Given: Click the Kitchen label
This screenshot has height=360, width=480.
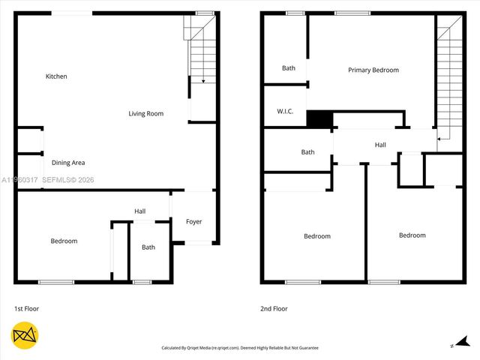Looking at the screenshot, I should pos(56,76).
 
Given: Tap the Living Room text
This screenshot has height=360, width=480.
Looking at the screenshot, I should pos(145,114).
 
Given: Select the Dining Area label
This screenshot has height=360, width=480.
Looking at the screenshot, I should pos(68,163).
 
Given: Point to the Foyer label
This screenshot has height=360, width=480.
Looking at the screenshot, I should pos(193,222).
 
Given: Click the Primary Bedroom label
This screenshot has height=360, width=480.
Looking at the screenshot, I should pos(373,70).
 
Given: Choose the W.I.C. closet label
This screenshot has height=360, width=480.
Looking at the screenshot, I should pos(285,112).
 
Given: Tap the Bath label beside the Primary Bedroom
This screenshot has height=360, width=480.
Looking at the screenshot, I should pos(289,68).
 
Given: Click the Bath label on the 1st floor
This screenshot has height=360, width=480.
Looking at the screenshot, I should pos(148,247).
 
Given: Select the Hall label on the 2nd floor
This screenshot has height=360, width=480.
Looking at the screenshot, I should pos(380,145).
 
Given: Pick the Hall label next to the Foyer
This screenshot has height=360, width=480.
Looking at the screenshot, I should pos(140,211).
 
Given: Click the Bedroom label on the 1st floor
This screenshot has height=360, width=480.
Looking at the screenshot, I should pos(64,241).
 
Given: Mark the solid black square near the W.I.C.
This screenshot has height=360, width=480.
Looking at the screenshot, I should pos(319,119).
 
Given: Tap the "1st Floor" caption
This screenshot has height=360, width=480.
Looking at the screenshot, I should pos(26,309).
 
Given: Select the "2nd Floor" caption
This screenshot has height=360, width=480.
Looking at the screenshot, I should pos(274,309).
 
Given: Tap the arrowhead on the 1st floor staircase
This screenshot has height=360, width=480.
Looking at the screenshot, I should pos(202,80).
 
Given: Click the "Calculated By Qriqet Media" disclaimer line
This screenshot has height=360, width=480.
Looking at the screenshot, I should pos(240,348).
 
